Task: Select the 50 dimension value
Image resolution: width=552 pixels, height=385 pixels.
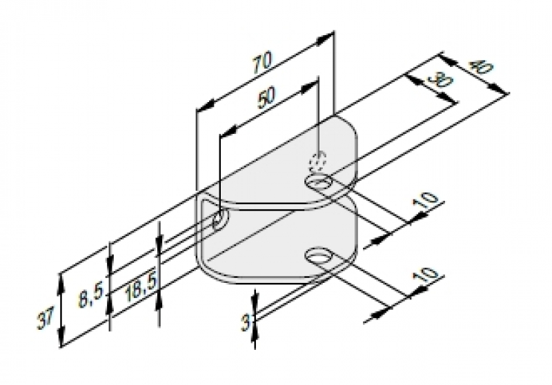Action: tap(266, 97)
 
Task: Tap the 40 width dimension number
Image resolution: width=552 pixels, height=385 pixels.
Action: tap(480, 67)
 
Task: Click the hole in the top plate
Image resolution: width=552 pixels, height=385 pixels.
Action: tap(319, 183)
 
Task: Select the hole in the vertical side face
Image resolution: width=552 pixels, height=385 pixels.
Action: tap(220, 220)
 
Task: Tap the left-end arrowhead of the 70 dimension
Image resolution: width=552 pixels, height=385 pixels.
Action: tap(205, 107)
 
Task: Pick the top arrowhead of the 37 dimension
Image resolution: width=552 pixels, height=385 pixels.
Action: tap(61, 283)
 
